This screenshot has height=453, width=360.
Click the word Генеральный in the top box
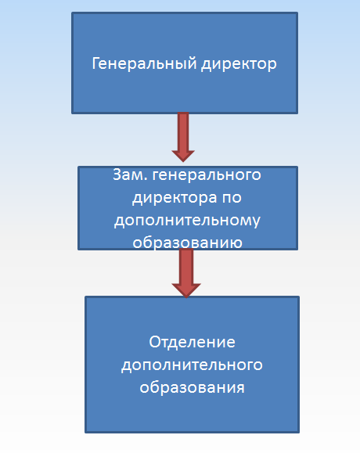coord(144,63)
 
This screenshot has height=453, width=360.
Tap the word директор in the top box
coord(239,64)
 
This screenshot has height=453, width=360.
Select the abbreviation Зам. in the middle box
coord(130,174)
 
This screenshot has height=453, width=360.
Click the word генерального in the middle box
coord(207,175)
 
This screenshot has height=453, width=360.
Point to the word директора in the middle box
coord(175,198)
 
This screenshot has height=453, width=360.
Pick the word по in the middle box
coord(232,199)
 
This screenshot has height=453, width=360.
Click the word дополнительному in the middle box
coord(187,221)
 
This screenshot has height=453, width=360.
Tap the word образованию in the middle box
coord(187,242)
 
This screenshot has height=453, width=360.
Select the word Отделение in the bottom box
coord(192,343)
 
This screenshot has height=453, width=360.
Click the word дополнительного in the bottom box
coord(192,365)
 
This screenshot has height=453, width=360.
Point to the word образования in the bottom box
coord(192,387)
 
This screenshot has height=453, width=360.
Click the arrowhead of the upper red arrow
coord(183,156)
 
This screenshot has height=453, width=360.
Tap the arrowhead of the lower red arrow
coord(186,290)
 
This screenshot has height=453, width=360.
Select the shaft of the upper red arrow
coord(183,131)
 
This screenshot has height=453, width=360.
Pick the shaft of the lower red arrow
coord(186,266)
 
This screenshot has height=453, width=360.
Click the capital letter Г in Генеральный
coord(95,63)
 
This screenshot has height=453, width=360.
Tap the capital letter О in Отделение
coord(155,342)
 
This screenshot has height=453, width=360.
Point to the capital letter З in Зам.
coord(117,174)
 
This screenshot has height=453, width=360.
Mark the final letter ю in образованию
coord(236,243)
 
